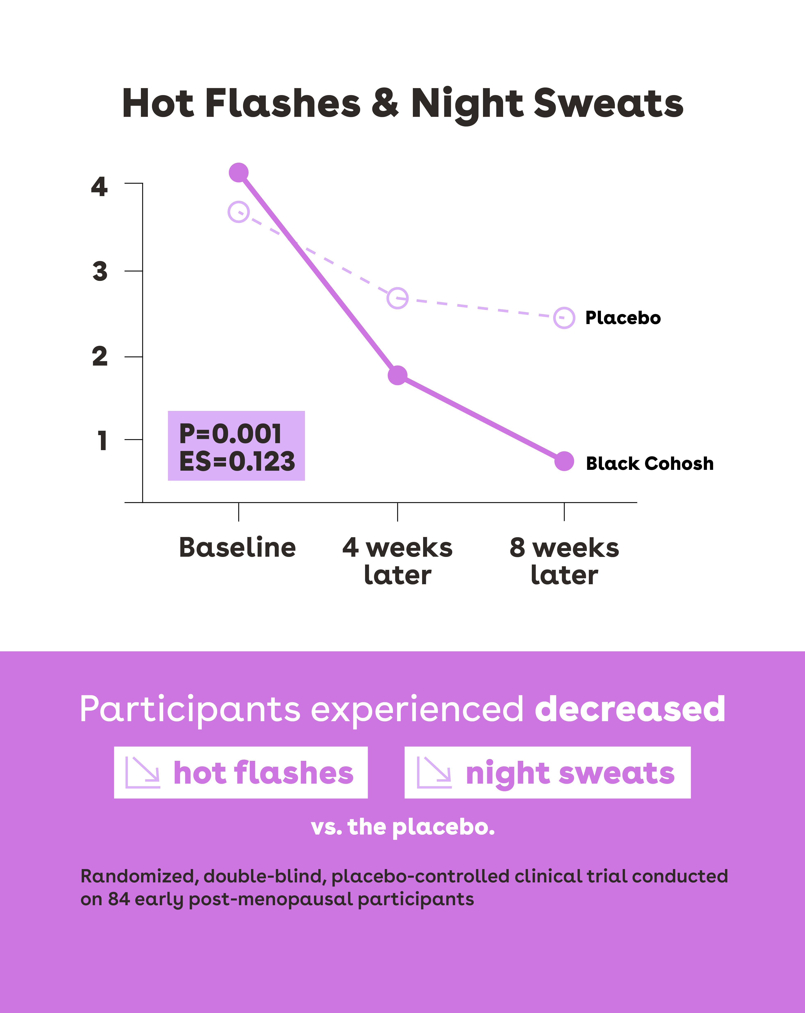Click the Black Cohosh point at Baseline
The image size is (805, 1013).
[x=239, y=172]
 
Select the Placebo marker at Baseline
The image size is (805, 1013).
[x=239, y=212]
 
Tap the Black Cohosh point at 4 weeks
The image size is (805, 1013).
[x=397, y=375]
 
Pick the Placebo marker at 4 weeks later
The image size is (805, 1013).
[x=397, y=298]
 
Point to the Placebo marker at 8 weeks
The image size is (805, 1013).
[x=564, y=318]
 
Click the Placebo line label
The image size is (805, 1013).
[x=623, y=318]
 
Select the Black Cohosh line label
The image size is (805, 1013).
[x=650, y=464]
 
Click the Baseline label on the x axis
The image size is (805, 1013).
[x=238, y=548]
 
